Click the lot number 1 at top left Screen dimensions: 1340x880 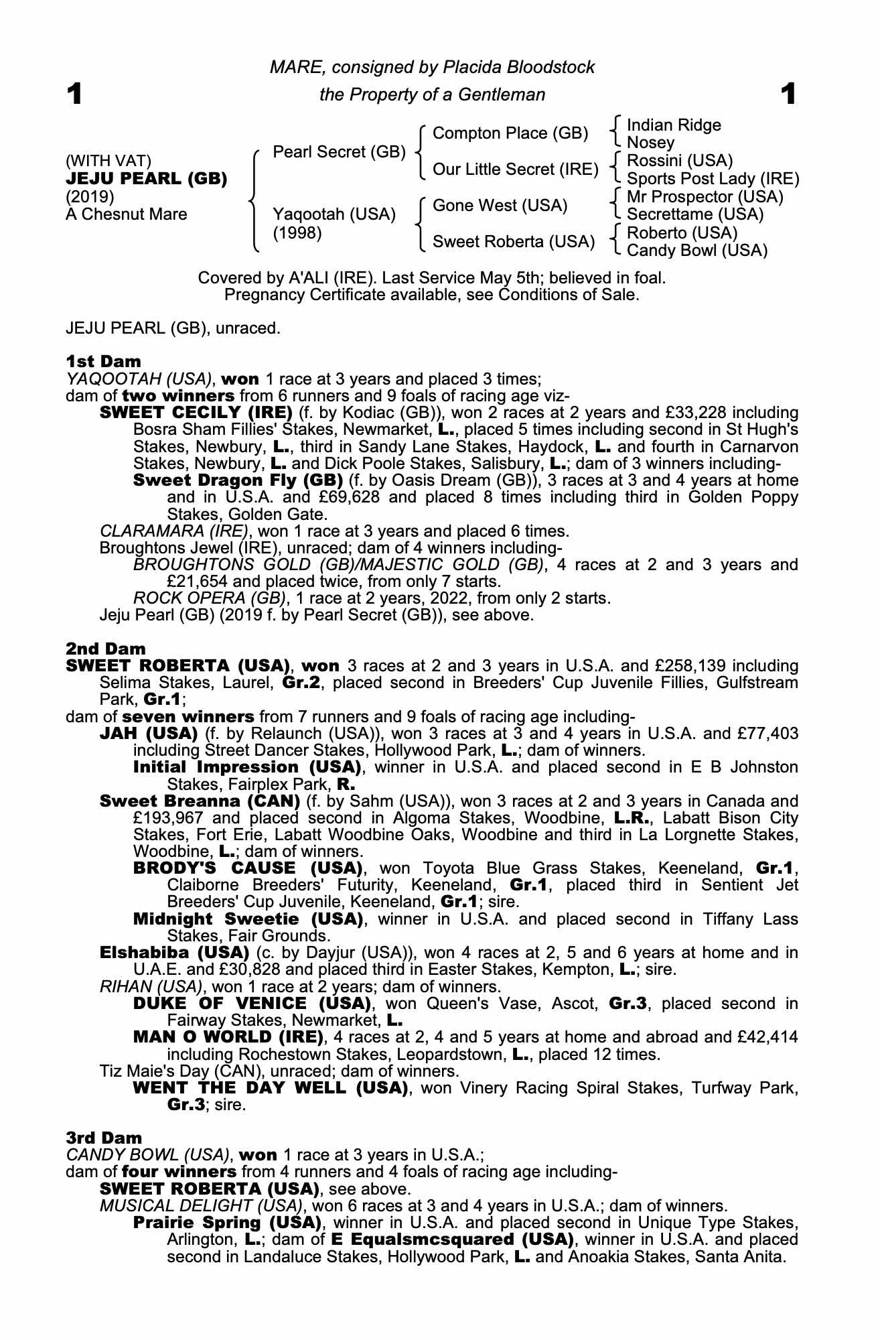[74, 94]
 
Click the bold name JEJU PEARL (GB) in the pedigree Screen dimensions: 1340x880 [146, 179]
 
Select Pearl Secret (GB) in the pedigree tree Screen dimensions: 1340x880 [339, 152]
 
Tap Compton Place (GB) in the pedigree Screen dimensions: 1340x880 [510, 133]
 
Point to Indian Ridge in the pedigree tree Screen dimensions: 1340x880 [674, 125]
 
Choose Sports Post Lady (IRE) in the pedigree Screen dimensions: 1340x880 [713, 178]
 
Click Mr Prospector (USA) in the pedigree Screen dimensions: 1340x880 [705, 197]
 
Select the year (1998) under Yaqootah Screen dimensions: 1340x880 [297, 232]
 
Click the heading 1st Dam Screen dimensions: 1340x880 [103, 362]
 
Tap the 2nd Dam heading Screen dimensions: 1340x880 [105, 649]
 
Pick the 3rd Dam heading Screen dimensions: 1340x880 [104, 1138]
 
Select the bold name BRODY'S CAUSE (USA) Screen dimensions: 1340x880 [248, 868]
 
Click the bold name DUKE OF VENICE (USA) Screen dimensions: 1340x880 [252, 1004]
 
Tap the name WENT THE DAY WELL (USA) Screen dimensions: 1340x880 [271, 1087]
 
